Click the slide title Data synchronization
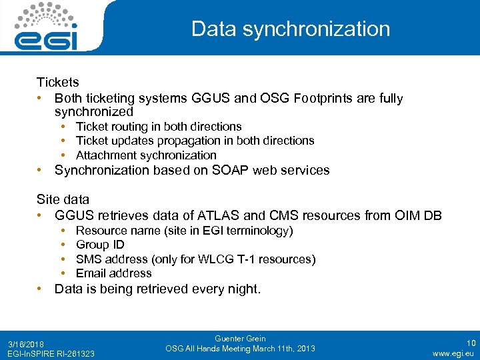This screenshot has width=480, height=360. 290,29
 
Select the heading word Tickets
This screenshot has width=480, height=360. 57,83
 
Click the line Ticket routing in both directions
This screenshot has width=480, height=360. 159,127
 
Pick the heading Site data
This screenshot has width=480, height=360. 63,199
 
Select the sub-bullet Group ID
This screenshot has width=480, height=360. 100,245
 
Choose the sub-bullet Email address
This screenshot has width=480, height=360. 113,273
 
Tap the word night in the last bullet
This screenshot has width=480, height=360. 243,289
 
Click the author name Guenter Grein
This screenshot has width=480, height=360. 239,339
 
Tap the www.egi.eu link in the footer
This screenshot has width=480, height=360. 453,353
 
